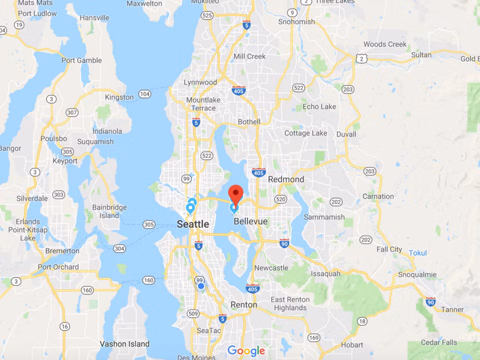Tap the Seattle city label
[193, 224]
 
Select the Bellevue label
[250, 221]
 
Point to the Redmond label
[286, 179]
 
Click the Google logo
[246, 351]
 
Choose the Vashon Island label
[124, 343]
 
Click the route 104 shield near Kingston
[145, 94]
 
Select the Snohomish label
[297, 21]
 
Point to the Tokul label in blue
[418, 253]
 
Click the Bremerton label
[62, 250]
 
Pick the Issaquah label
[325, 273]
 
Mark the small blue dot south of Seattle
[201, 286]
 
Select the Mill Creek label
[249, 56]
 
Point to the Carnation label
[378, 196]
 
